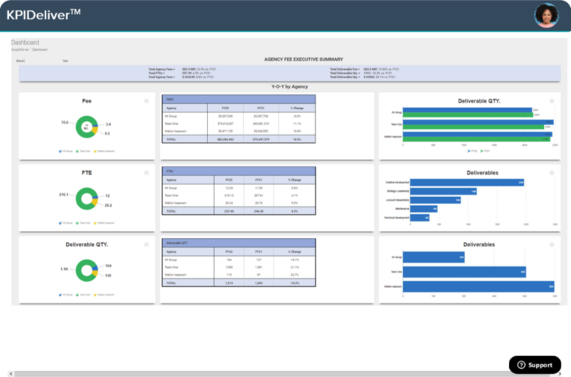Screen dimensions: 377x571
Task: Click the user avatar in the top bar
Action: coord(546,15)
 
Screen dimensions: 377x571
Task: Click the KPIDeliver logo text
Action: coord(43,15)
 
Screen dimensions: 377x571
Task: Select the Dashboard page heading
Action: coord(25,42)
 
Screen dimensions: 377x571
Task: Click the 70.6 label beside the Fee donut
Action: coord(65,122)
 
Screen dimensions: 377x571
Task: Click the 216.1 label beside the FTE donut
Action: coord(64,195)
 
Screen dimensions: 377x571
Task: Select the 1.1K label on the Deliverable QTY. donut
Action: coord(65,269)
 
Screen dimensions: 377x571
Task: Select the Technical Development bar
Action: coord(419,218)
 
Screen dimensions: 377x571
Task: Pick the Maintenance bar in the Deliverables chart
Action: coord(424,209)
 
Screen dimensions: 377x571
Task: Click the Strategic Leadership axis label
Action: coord(396,191)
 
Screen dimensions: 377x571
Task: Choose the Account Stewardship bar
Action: coord(436,200)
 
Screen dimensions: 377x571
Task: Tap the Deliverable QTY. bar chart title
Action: coord(468,100)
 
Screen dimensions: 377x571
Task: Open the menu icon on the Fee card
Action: coord(146,100)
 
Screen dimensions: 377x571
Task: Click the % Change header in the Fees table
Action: coord(297,107)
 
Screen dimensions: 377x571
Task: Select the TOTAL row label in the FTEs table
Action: coord(172,210)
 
